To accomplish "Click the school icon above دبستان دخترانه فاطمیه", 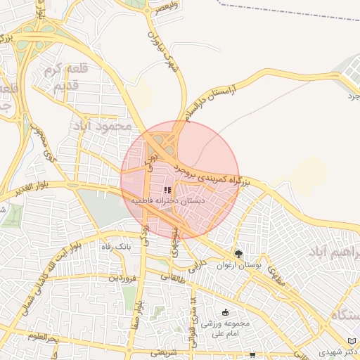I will pos(167,191).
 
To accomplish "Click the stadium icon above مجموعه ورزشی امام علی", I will pos(225,312).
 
